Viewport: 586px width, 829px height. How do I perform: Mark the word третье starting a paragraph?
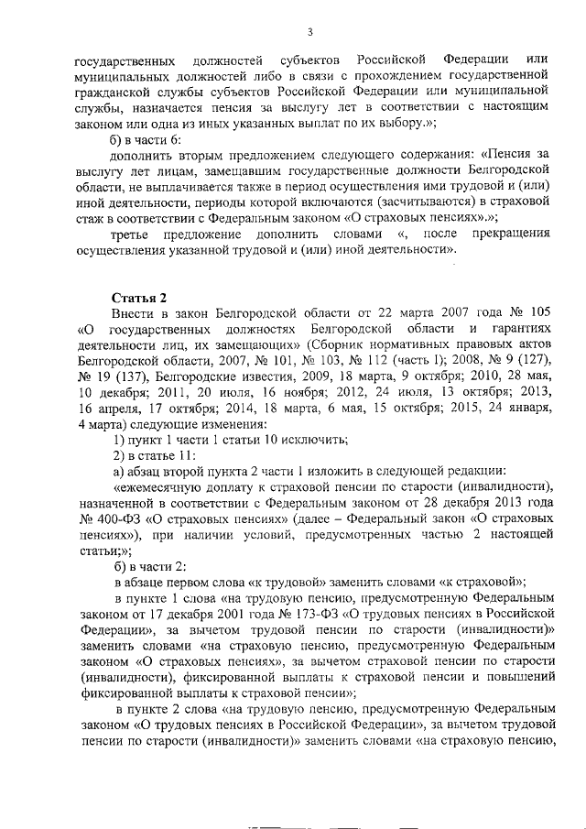135,234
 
